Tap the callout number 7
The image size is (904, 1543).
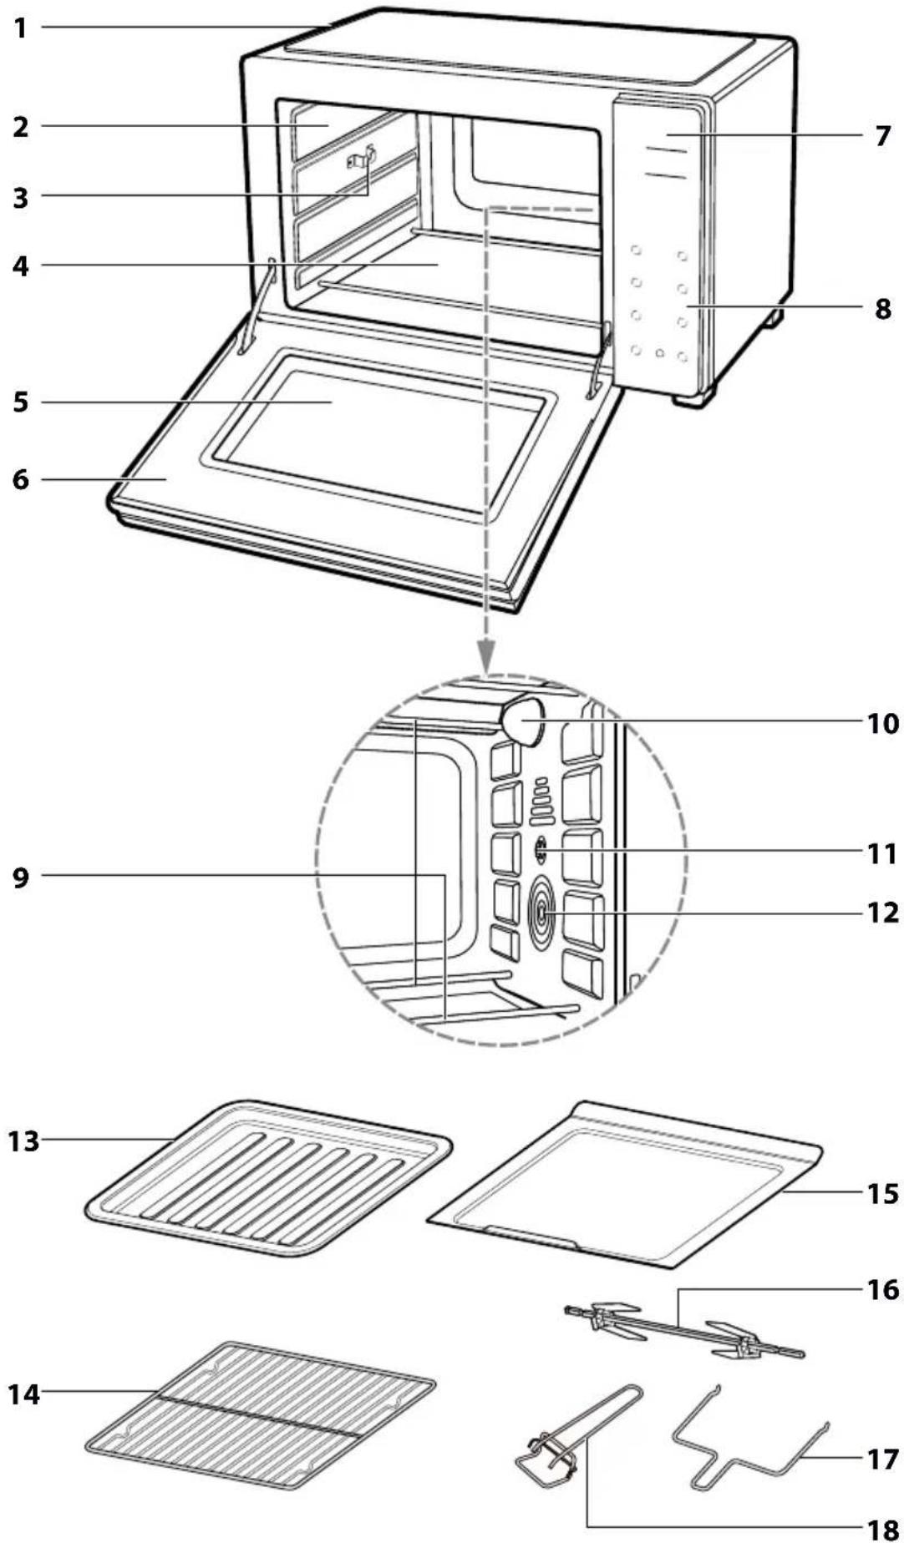click(883, 135)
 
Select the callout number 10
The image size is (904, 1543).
click(881, 722)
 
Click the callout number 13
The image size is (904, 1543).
click(24, 1140)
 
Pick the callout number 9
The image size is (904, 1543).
click(21, 878)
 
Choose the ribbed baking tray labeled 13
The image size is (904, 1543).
click(269, 1178)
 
